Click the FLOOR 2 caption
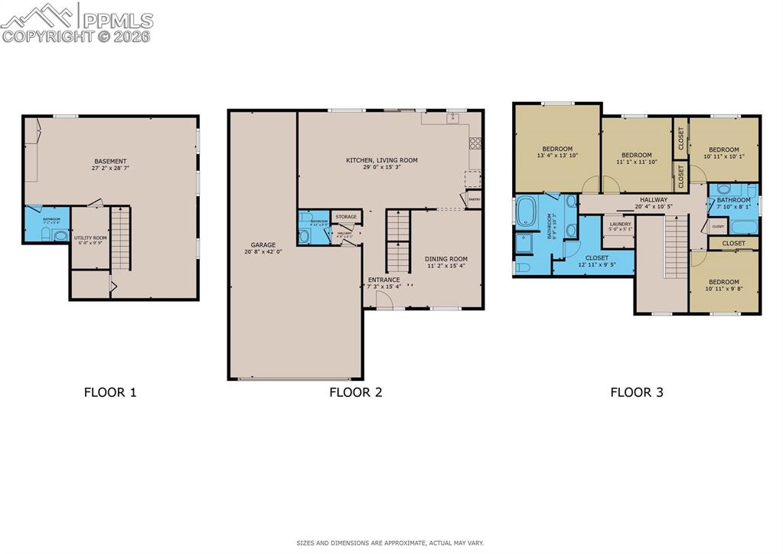click(355, 392)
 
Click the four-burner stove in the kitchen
click(475, 142)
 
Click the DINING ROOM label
click(446, 259)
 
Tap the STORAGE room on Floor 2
click(346, 217)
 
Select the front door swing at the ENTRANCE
click(386, 302)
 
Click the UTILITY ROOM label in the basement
click(90, 238)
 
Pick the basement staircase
click(121, 238)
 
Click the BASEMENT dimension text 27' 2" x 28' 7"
click(110, 168)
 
